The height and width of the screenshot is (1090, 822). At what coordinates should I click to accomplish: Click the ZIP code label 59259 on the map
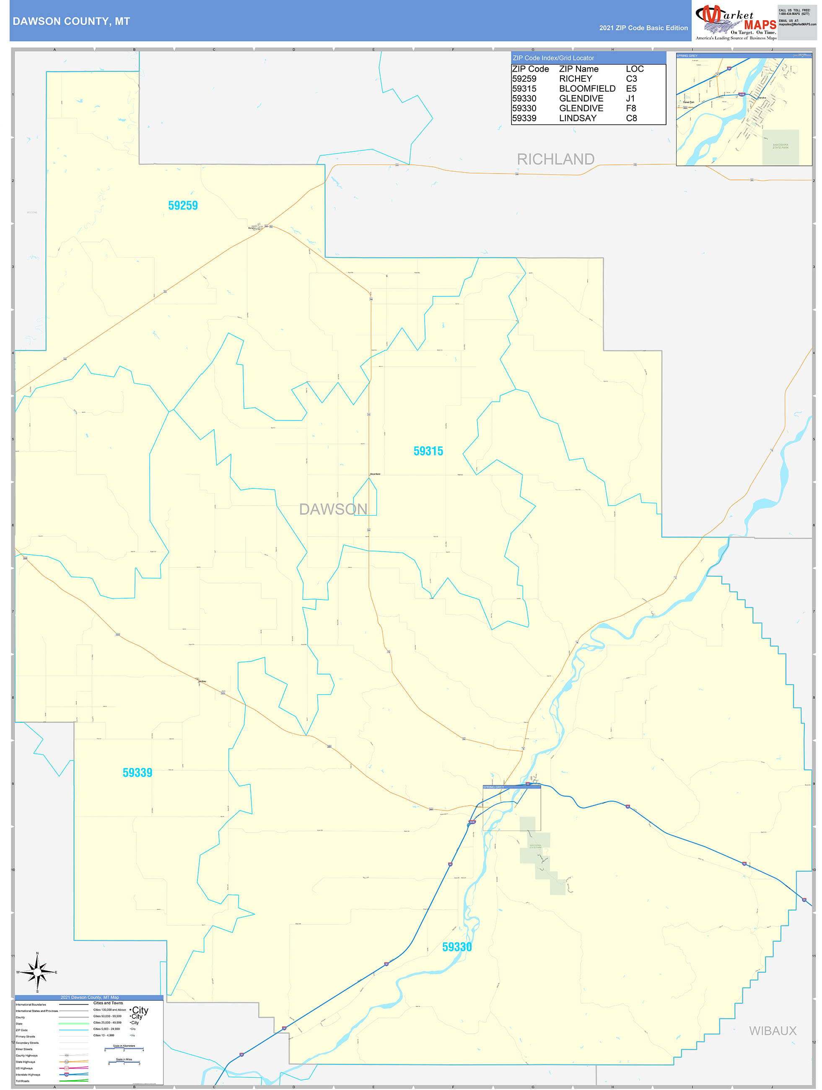pos(183,205)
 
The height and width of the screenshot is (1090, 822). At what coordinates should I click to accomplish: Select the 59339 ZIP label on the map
pos(137,773)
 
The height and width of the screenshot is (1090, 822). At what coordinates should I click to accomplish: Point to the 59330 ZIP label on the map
pos(457,947)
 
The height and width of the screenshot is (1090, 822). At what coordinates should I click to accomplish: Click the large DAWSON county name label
pos(333,509)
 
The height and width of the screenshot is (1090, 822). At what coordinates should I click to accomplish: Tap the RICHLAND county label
pos(555,159)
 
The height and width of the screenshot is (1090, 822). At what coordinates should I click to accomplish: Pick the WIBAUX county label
pos(772,1031)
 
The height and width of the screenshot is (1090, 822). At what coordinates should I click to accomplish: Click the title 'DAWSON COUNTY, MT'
pos(71,21)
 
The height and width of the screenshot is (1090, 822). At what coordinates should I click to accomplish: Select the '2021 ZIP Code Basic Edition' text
pos(643,28)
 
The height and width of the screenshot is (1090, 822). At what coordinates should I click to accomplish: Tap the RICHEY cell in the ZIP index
pos(575,79)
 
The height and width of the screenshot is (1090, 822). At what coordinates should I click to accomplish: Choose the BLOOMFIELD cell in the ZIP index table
pos(587,89)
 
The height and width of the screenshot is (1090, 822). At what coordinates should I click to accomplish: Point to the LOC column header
pos(635,69)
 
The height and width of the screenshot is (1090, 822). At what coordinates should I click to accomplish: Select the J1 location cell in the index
pos(630,99)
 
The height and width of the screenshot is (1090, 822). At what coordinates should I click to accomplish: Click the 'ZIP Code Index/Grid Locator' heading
pos(553,58)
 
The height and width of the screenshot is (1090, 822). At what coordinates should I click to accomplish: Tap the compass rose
pos(37,972)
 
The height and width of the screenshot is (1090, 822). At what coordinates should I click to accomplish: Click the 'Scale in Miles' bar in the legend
pos(124,1062)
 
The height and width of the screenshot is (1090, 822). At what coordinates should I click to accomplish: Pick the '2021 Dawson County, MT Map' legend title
pos(89,997)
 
